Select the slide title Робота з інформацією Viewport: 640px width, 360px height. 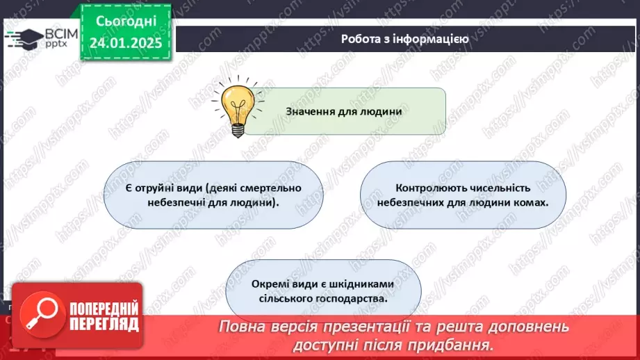pos(404,39)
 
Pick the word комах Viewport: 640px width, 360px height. pos(530,204)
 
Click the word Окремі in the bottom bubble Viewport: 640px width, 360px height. pos(273,284)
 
